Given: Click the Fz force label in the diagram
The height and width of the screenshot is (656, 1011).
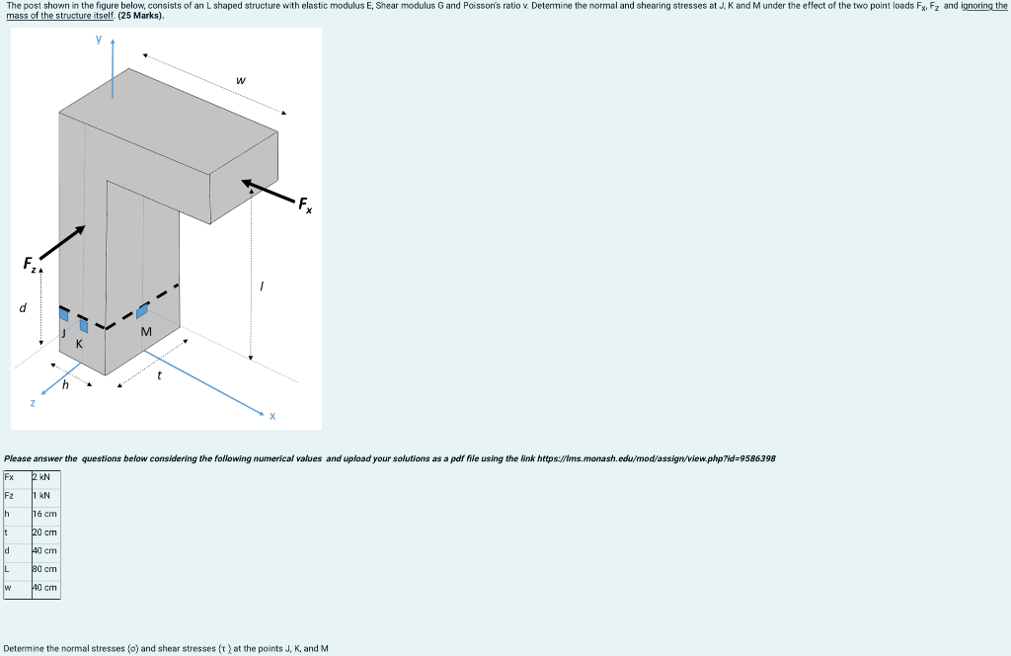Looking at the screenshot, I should point(31,264).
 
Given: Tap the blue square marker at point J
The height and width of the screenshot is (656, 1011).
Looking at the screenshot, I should point(64,314).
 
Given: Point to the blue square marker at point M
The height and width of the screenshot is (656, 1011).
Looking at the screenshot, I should point(142,310).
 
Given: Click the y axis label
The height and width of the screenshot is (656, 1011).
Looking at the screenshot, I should point(99,41).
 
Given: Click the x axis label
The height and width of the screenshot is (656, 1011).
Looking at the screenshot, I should point(272,416).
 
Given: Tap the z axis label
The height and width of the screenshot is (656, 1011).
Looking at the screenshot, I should point(33,403).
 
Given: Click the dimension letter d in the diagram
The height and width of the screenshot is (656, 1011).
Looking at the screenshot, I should point(23,307).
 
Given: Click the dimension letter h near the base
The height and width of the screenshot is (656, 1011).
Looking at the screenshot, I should point(66,386).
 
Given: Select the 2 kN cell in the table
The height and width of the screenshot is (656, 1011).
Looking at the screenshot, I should point(45,477).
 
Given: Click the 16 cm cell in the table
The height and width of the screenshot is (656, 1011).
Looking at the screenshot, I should point(45,514).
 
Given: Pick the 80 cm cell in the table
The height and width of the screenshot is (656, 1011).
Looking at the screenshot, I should point(45,569).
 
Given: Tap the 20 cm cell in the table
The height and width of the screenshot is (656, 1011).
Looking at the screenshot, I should point(45,533).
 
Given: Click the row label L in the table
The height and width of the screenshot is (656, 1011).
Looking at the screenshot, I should point(8,569).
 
